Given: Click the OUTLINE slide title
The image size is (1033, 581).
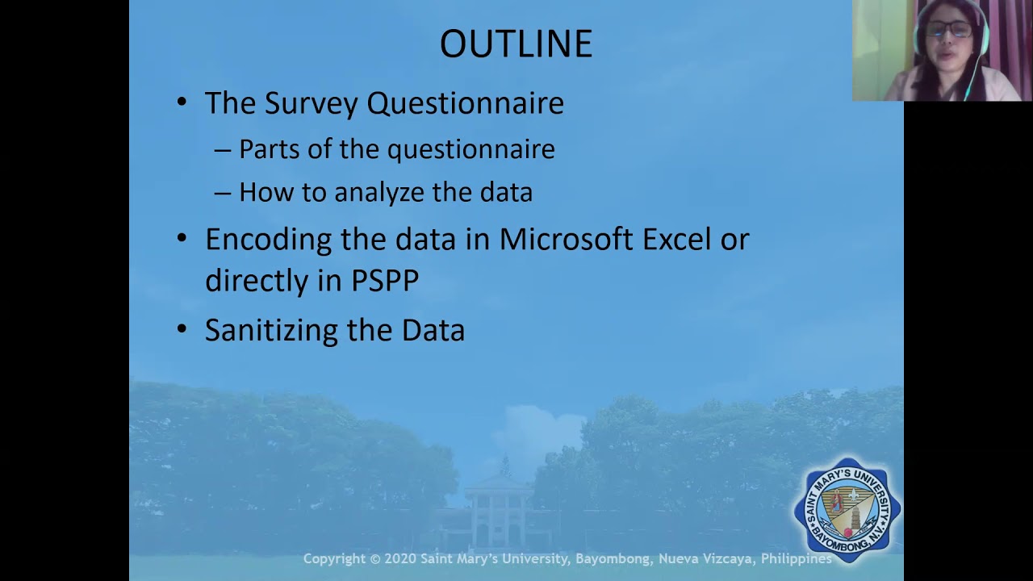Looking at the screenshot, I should click(x=516, y=44).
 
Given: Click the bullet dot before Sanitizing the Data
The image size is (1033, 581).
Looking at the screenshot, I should click(x=182, y=329).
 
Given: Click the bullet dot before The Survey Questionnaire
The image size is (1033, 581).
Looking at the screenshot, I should click(x=182, y=102).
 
